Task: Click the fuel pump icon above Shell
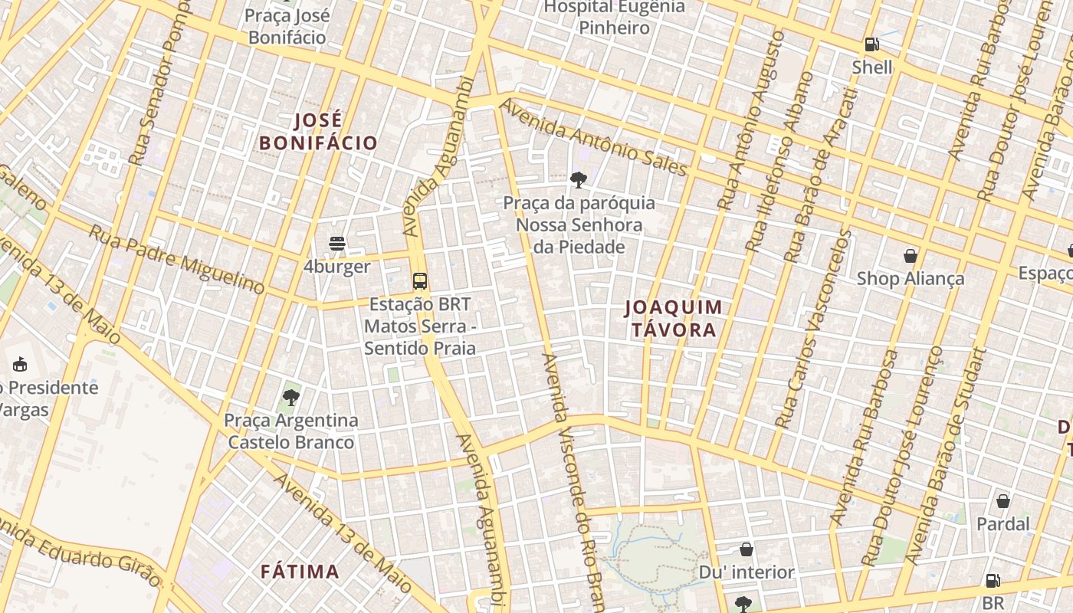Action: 871,45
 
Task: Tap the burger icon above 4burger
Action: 337,244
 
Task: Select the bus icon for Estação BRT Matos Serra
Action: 420,280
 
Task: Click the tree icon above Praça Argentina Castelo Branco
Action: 290,397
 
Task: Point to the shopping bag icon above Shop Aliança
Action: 911,255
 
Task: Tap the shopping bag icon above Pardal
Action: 1003,501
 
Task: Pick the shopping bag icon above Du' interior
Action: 747,549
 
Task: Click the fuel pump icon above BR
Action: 993,581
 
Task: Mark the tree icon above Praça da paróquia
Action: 579,180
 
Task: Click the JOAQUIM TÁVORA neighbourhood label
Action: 674,319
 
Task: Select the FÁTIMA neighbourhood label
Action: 300,572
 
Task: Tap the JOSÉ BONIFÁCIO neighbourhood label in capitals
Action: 319,132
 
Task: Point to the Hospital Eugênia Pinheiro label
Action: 615,18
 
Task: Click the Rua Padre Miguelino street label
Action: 177,259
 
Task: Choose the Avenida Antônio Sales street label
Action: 594,138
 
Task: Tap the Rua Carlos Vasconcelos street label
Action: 812,328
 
